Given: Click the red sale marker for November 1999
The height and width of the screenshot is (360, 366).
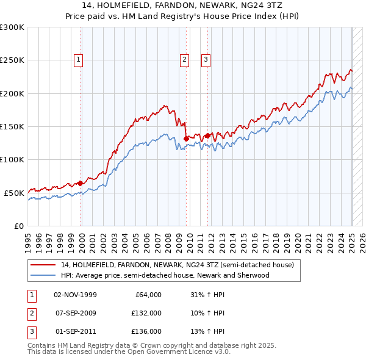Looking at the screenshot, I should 81,183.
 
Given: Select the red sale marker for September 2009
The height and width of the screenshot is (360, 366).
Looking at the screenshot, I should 186,139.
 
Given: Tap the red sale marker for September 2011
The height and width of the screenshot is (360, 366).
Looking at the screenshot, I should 208,135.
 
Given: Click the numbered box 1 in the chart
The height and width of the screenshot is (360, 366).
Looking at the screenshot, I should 80,60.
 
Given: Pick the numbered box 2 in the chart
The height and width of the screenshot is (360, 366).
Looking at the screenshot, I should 184,60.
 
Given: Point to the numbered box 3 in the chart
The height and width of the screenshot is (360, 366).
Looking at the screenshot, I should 206,60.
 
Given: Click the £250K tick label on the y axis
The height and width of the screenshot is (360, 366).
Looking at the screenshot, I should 12,60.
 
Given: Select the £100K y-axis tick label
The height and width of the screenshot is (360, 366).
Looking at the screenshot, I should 12,159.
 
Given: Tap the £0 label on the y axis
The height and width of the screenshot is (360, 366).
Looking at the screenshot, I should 19,226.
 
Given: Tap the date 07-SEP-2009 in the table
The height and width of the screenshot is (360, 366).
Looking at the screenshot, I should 76,313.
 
